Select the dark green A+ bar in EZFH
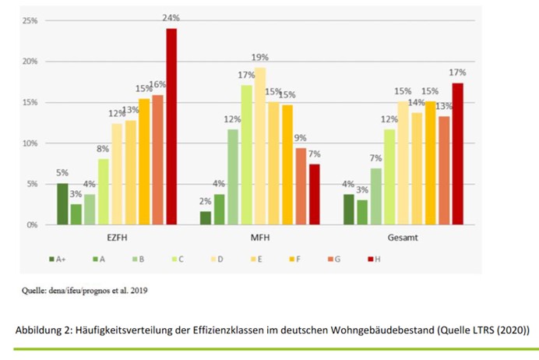click(x=62, y=204)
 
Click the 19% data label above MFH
click(x=260, y=58)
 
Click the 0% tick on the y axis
click(x=32, y=225)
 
